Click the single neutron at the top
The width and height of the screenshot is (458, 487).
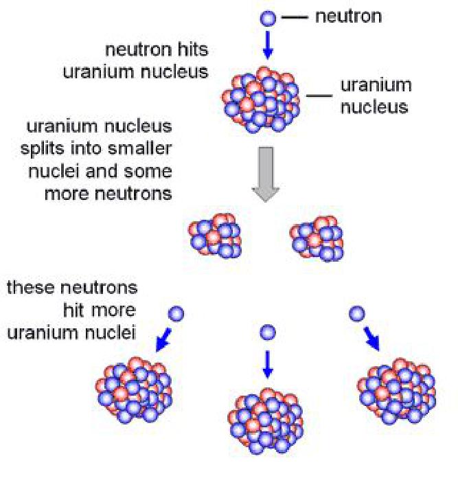[x=268, y=19]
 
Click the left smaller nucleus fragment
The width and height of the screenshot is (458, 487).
[x=214, y=235]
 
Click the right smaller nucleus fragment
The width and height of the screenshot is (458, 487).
[x=316, y=238]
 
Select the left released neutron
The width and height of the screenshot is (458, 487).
[x=176, y=314]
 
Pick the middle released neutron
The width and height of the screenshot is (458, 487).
[x=268, y=333]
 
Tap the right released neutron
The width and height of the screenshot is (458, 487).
[x=356, y=314]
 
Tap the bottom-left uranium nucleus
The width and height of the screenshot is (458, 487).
[x=135, y=388]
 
